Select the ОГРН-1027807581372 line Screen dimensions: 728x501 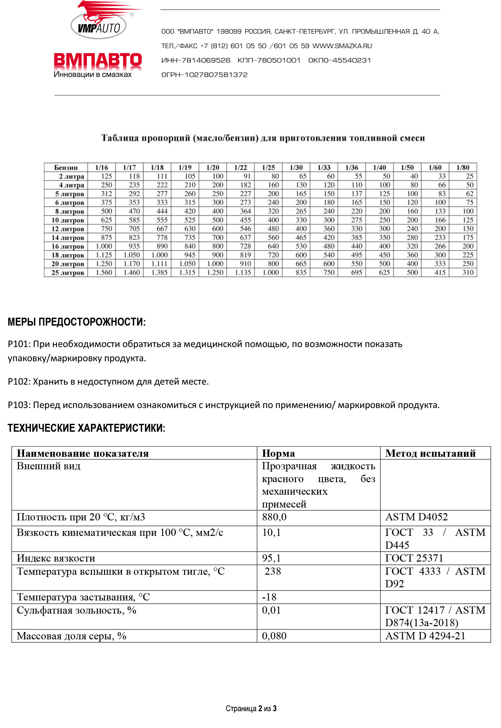pyautogui.click(x=204, y=75)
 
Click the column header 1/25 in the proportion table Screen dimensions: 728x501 pyautogui.click(x=268, y=167)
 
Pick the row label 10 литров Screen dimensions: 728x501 pyautogui.click(x=68, y=220)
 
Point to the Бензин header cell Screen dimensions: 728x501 pyautogui.click(x=66, y=167)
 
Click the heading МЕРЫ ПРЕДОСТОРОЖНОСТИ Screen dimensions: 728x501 pyautogui.click(x=76, y=322)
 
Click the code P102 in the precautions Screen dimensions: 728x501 pyautogui.click(x=19, y=382)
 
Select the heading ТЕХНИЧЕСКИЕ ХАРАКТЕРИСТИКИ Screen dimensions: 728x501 pyautogui.click(x=86, y=428)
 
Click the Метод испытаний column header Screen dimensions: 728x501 pyautogui.click(x=430, y=453)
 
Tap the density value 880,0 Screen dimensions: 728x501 pyautogui.click(x=274, y=517)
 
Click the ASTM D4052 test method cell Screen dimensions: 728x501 pyautogui.click(x=416, y=517)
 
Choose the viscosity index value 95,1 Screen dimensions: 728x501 pyautogui.click(x=271, y=558)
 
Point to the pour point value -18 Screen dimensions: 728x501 pyautogui.click(x=269, y=597)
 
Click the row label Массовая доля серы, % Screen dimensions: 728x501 pyautogui.click(x=72, y=636)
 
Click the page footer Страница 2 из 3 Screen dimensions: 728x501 pyautogui.click(x=251, y=708)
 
